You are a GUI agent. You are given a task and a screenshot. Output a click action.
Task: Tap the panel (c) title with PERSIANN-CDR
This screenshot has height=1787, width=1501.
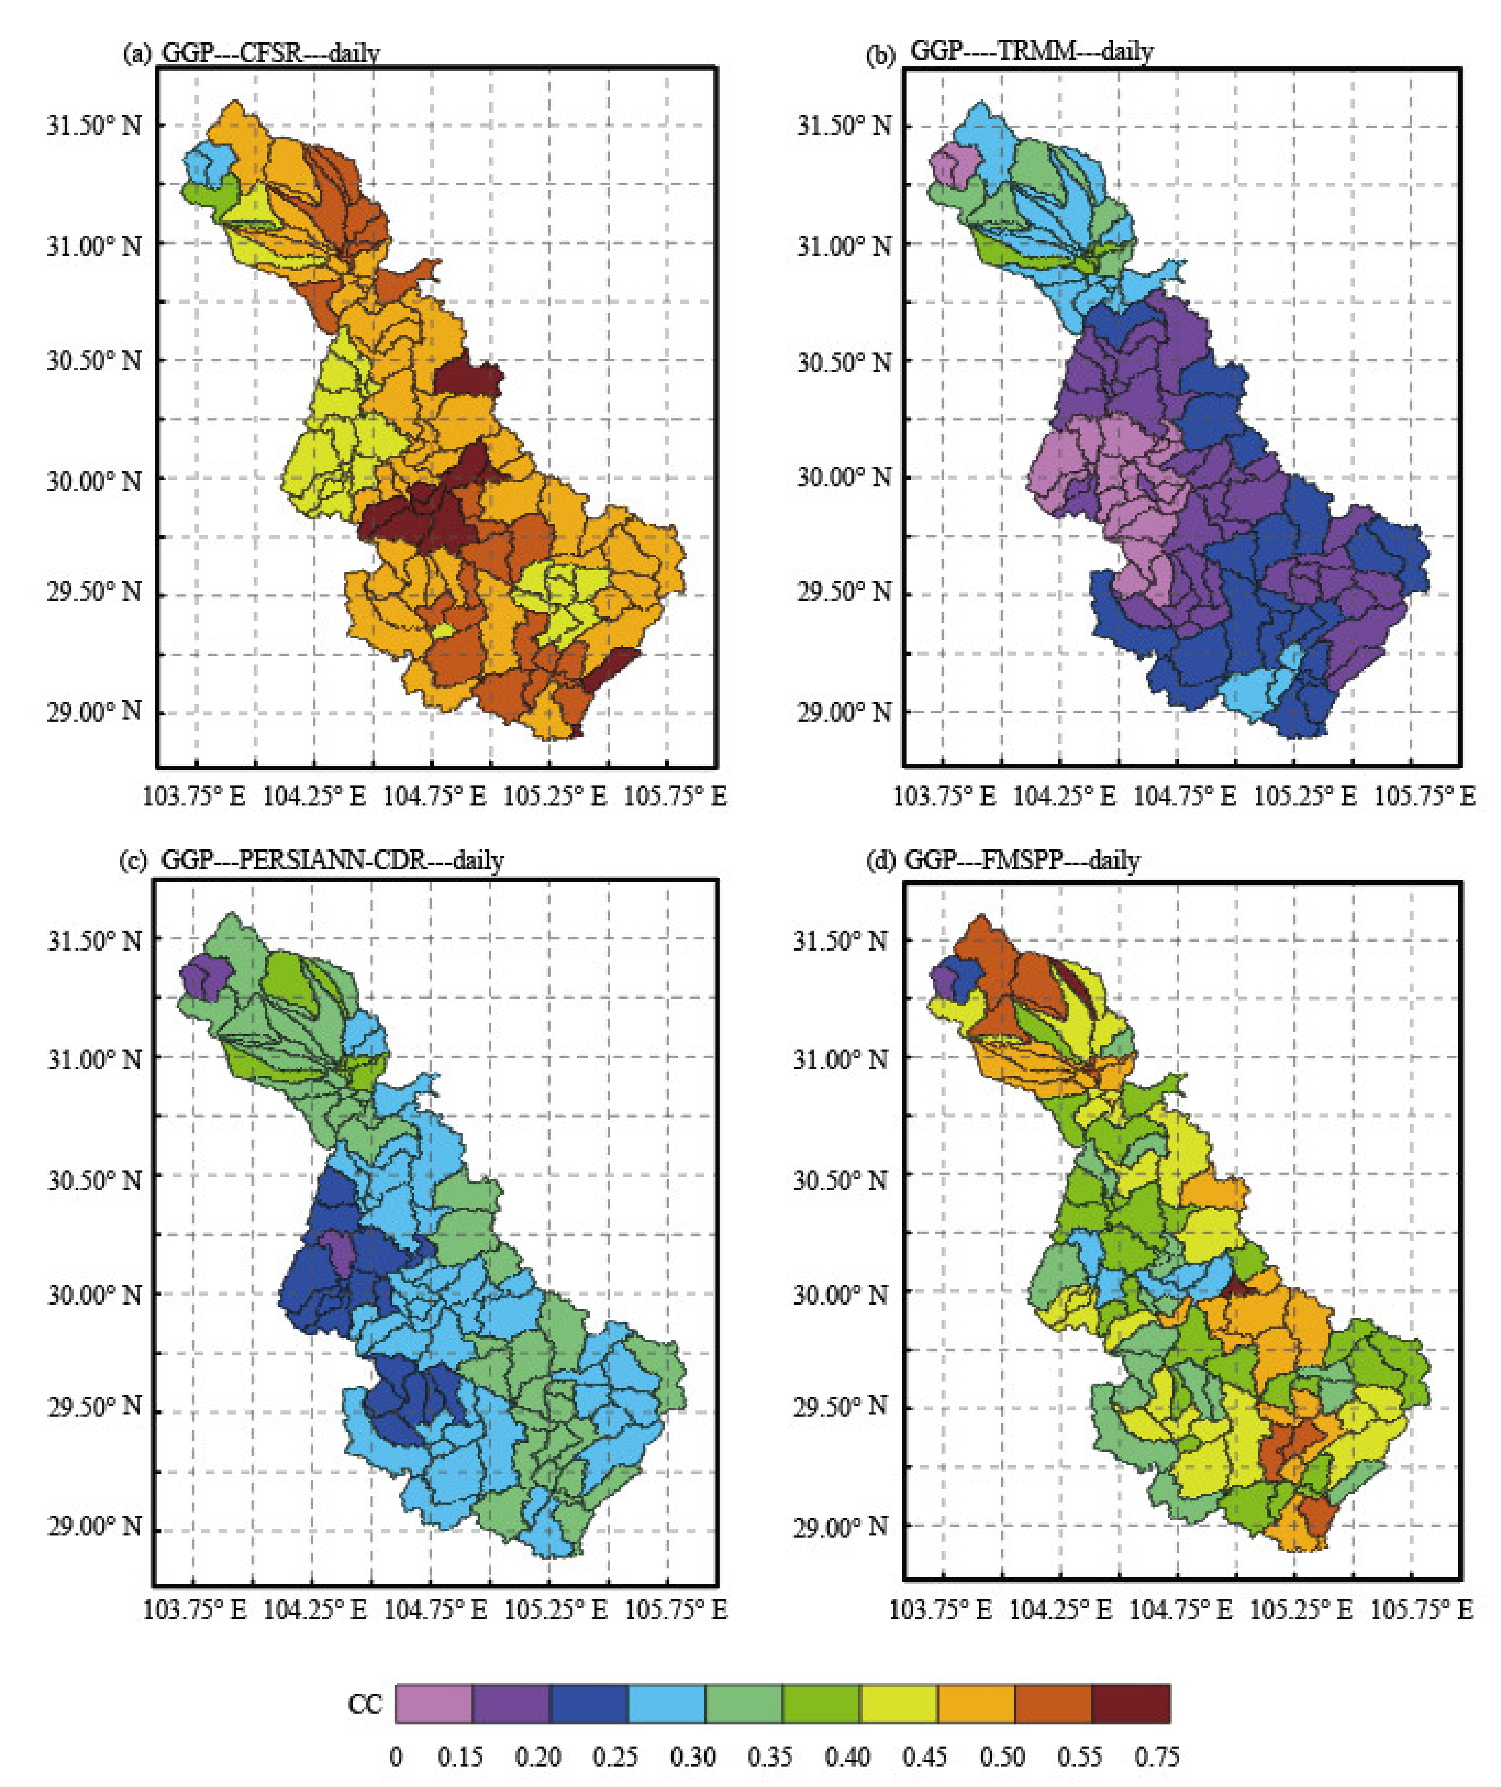point(332,860)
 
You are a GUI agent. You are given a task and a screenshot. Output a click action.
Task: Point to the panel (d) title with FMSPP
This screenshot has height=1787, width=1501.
point(1021,860)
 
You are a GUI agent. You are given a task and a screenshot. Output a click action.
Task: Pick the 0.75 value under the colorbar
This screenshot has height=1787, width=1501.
point(1156,1757)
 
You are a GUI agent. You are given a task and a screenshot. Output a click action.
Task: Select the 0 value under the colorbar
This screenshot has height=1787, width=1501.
point(395,1757)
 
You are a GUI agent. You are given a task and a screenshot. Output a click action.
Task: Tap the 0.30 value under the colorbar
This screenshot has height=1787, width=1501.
point(692,1757)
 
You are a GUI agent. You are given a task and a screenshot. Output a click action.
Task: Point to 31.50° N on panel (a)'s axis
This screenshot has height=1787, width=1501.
point(93,125)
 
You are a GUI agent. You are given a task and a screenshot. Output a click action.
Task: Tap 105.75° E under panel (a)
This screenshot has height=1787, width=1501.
point(675,796)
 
